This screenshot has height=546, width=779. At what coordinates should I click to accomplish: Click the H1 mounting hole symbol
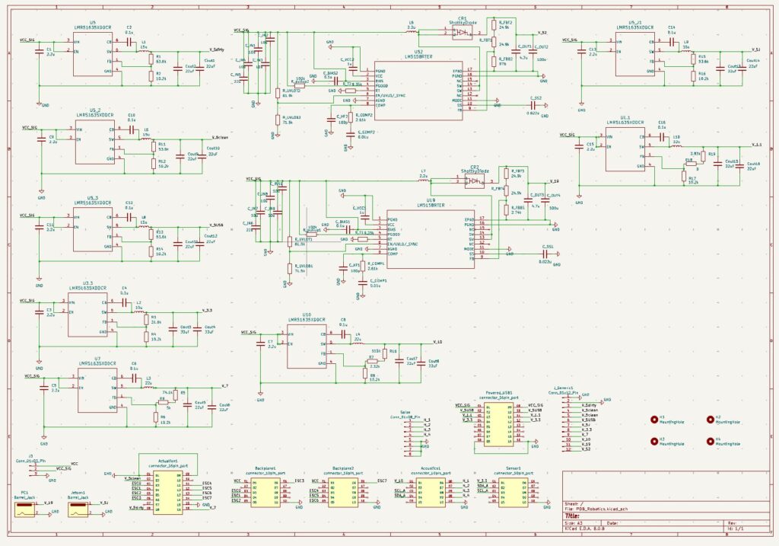pos(654,419)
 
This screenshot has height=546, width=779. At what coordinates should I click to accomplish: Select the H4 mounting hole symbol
pos(709,441)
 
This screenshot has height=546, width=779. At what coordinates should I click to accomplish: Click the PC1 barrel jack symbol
pos(25,508)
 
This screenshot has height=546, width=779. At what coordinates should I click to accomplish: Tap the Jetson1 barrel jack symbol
pos(79,508)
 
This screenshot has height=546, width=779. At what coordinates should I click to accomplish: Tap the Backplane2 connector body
pos(344,491)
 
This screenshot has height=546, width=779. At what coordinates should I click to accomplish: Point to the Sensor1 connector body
pos(513,491)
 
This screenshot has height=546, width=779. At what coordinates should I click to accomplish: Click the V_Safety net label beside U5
pos(215,49)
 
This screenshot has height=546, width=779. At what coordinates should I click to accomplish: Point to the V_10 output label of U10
pos(437,343)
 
